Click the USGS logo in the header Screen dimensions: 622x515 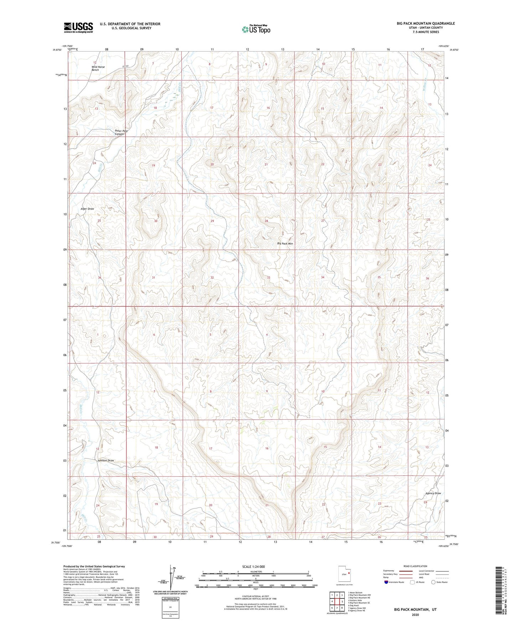point(78,27)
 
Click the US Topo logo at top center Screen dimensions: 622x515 point(256,29)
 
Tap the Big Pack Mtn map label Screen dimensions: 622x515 point(285,244)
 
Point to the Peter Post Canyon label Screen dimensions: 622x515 point(121,132)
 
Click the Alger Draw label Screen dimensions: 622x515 point(87,209)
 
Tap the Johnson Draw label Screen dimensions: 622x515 point(105,461)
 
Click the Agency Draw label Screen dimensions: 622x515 point(433,493)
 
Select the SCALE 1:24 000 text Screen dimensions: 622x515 point(253,566)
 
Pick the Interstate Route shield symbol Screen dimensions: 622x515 point(387,582)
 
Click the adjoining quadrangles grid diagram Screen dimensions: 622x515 point(336,601)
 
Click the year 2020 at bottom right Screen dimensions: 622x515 point(415,615)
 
